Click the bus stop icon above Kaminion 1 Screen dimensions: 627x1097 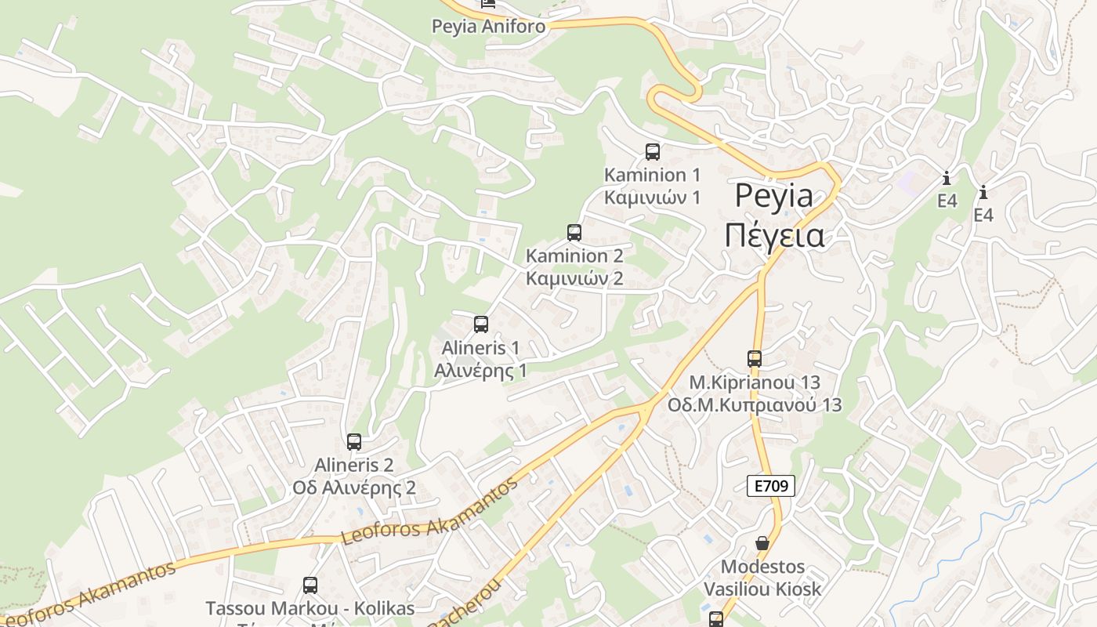[652, 152]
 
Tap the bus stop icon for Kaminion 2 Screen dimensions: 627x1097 [574, 233]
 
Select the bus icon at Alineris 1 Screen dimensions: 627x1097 [481, 324]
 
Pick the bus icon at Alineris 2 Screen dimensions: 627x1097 [354, 442]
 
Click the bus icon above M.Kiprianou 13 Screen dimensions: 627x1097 [755, 359]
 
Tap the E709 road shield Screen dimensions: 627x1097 [770, 486]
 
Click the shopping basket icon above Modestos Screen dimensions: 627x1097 [762, 543]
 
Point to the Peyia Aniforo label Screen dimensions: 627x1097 [488, 27]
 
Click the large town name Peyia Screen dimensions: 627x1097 [773, 196]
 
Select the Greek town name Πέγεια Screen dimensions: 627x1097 [773, 235]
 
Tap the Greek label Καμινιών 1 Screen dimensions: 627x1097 [652, 197]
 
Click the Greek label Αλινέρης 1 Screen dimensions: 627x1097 [480, 371]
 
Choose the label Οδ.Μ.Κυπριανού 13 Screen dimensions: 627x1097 [754, 405]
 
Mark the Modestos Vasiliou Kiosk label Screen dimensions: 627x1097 [762, 578]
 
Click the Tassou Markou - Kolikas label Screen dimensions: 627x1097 [310, 608]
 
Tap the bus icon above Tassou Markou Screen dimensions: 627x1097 [310, 585]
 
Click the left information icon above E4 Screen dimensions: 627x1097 [947, 178]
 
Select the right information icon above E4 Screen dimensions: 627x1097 [983, 192]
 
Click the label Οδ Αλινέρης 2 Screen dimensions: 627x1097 [354, 487]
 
